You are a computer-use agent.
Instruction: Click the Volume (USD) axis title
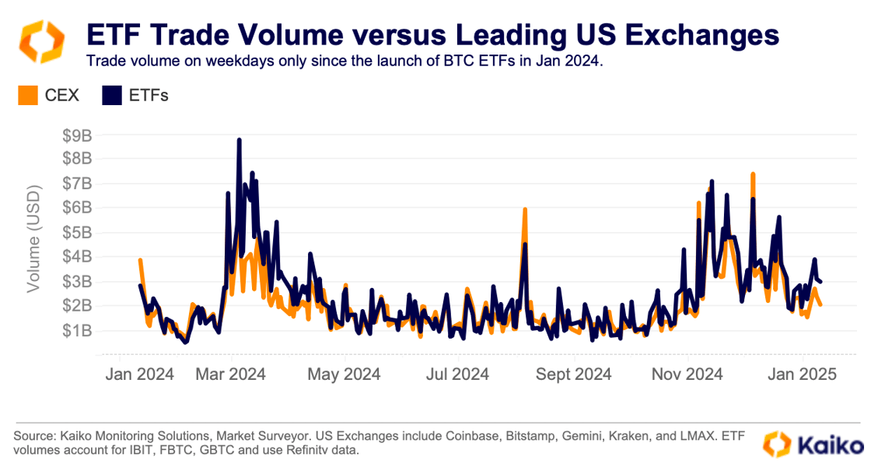[x=33, y=239]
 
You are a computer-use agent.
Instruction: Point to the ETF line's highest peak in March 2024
[x=240, y=140]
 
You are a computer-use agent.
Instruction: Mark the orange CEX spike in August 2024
[x=526, y=209]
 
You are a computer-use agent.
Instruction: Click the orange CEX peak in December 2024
[x=753, y=174]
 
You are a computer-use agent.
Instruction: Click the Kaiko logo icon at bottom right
[x=777, y=444]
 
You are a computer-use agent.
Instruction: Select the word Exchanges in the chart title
[x=702, y=34]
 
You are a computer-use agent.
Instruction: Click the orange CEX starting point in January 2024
[x=140, y=260]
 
